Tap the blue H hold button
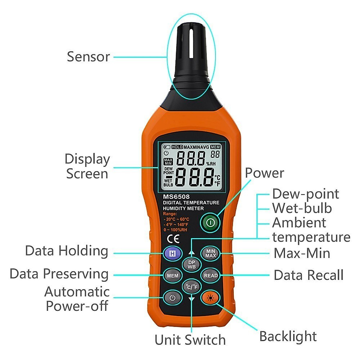(172, 253)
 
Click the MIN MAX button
(211, 253)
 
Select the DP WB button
(192, 264)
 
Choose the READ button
(211, 275)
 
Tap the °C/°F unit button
(192, 287)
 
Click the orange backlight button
(211, 298)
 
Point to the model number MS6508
(176, 197)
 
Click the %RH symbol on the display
(211, 164)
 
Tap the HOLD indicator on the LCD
(177, 147)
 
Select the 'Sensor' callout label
(88, 57)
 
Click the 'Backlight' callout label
(288, 336)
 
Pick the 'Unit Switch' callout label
(190, 340)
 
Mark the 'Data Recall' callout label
(308, 275)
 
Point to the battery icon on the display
(166, 147)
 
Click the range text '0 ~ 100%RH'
(175, 230)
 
